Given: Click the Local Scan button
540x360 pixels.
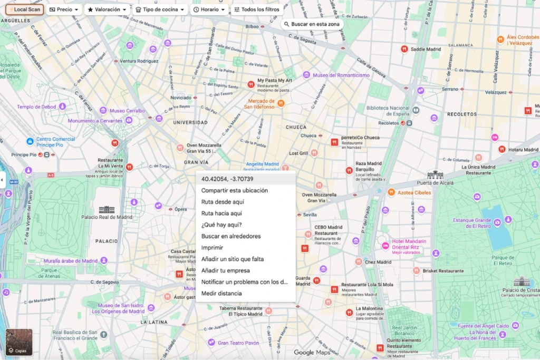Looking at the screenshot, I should click(x=24, y=9).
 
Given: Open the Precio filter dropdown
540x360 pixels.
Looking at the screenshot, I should click(x=64, y=9).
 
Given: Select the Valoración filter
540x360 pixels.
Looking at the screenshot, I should click(x=108, y=9).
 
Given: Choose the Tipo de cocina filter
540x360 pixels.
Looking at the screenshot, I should click(x=160, y=9).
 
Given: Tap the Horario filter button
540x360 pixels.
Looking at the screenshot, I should click(x=209, y=9).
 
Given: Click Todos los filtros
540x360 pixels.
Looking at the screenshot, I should click(x=257, y=9).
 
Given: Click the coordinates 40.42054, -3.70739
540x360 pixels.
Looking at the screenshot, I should click(x=224, y=179).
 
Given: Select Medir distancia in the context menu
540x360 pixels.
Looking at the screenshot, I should click(x=221, y=294).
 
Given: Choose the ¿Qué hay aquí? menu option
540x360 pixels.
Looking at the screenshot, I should click(x=221, y=225).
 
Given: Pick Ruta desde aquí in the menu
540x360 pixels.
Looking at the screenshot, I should click(x=223, y=202).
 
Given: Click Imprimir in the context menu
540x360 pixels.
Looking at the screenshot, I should click(x=212, y=248).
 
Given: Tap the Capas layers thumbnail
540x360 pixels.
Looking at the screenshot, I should click(x=19, y=342).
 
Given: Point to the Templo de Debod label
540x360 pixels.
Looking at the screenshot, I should click(x=36, y=107).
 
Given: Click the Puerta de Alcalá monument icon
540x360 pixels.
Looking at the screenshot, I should click(x=435, y=175).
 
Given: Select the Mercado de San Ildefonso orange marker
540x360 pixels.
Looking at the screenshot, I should click(x=281, y=103).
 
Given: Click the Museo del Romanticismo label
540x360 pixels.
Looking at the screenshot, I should click(x=341, y=75).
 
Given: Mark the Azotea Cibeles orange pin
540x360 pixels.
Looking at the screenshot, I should click(x=391, y=192).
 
